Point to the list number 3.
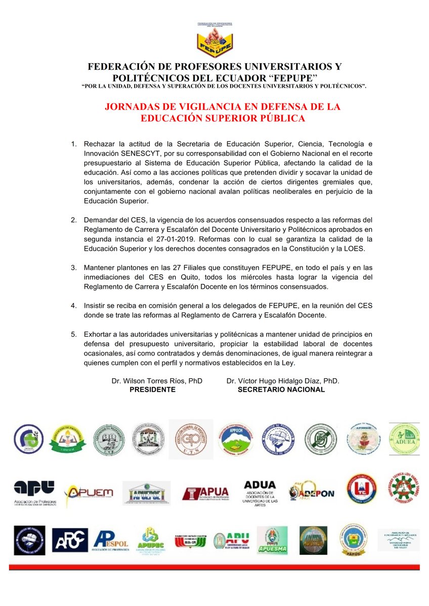point(73,267)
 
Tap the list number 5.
point(73,334)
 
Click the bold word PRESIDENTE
point(152,389)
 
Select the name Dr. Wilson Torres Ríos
point(150,381)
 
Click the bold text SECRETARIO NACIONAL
point(281,389)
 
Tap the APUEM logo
point(89,492)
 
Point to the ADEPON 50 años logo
point(311,492)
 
